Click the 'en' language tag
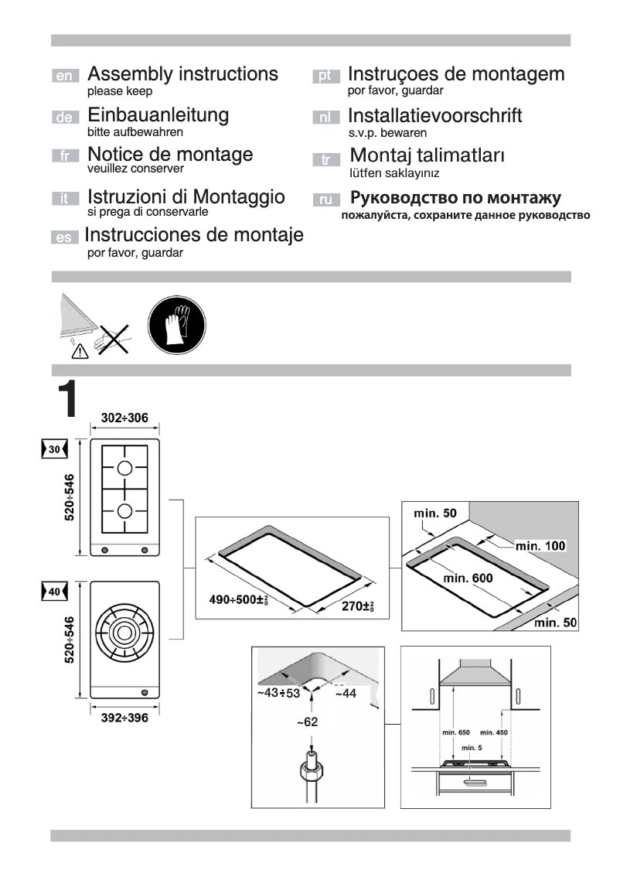click(x=65, y=77)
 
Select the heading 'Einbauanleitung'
click(x=158, y=115)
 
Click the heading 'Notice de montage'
click(x=170, y=154)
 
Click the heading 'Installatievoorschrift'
click(x=434, y=116)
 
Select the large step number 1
click(x=68, y=399)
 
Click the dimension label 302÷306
click(x=124, y=418)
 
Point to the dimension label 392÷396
click(x=124, y=718)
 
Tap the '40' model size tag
click(x=53, y=591)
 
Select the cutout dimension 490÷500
click(x=240, y=599)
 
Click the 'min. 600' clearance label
click(x=468, y=577)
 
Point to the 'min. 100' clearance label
click(x=540, y=546)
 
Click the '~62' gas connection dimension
click(x=307, y=722)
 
